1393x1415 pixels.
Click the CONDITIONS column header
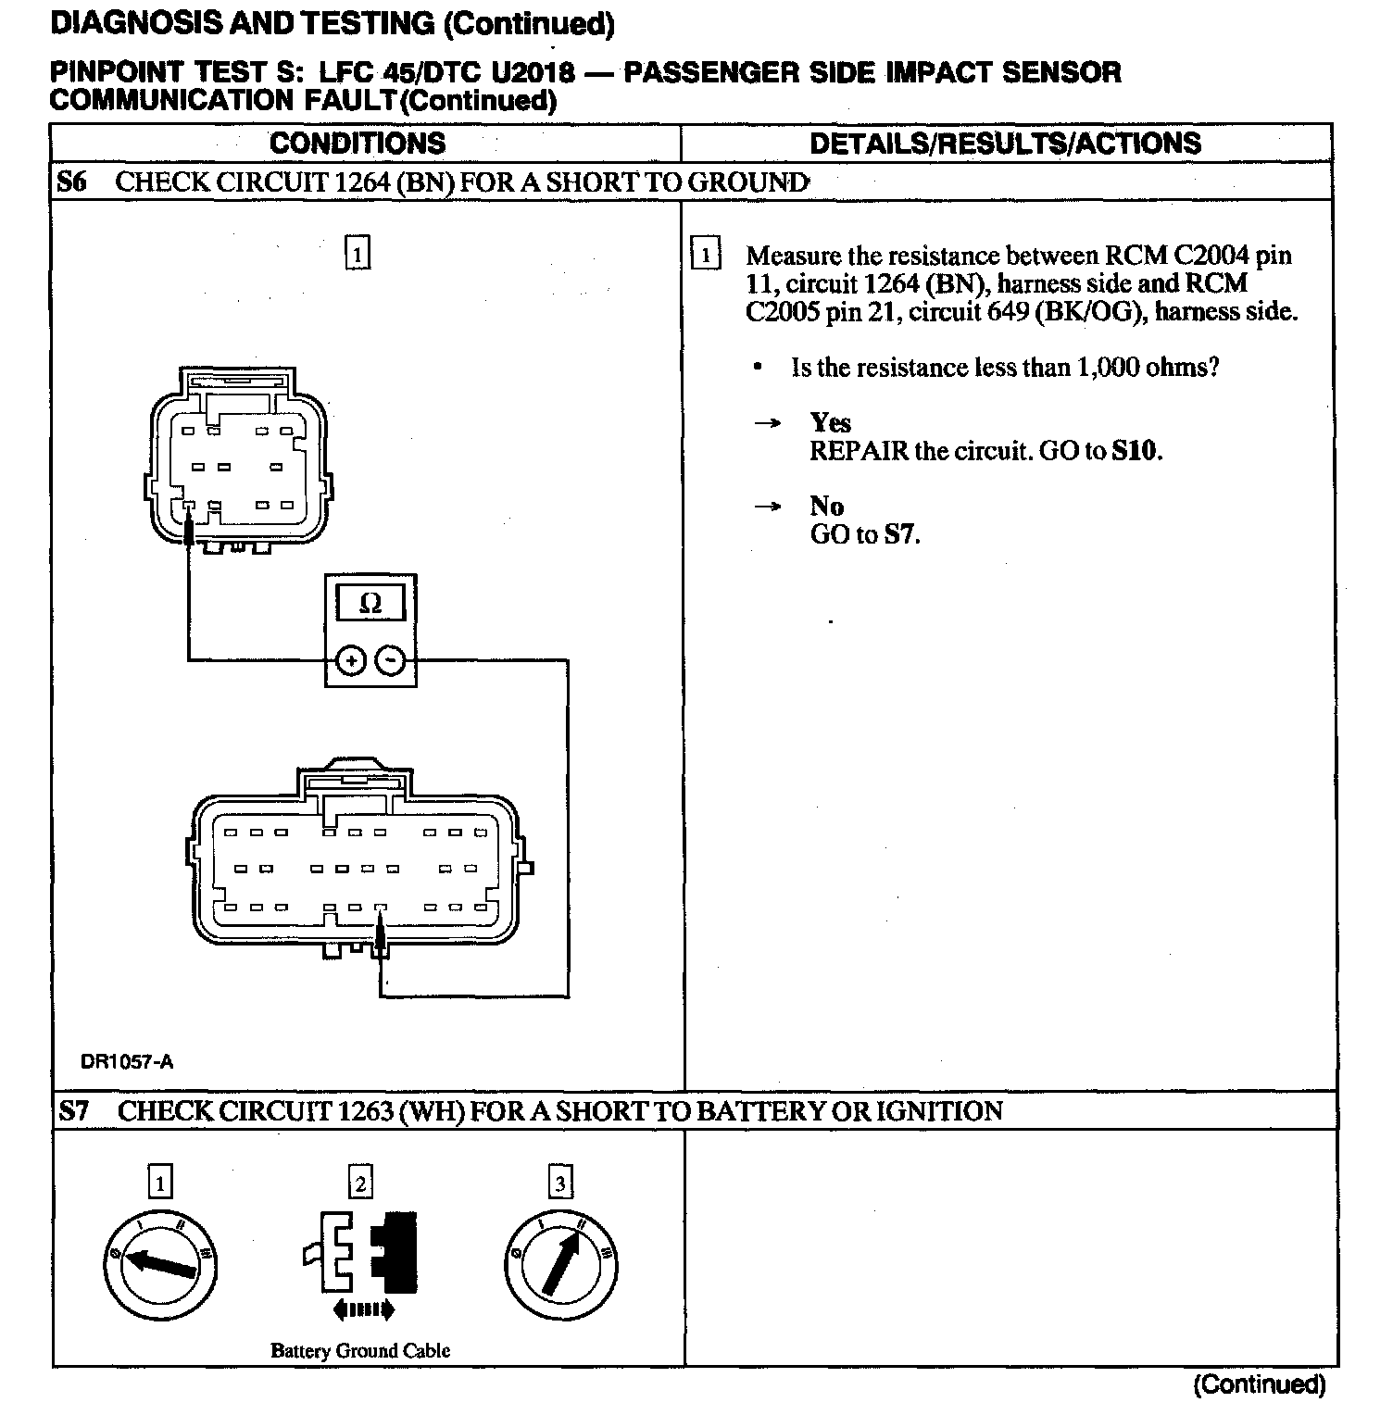[x=358, y=144]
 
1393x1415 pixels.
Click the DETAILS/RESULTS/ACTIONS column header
[x=1005, y=144]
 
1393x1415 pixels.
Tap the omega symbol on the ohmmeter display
[x=370, y=604]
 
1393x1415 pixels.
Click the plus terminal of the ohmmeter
[x=350, y=660]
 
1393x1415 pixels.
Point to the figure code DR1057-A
[x=127, y=1062]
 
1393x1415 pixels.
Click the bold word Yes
[x=830, y=423]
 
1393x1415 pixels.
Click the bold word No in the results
[x=826, y=506]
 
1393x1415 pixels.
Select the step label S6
[x=71, y=182]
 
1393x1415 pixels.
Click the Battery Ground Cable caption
[x=360, y=1350]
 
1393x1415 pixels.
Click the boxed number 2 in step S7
[x=359, y=1183]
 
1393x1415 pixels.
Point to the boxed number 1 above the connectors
[x=357, y=253]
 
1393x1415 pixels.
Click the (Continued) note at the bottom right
[x=1259, y=1384]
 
